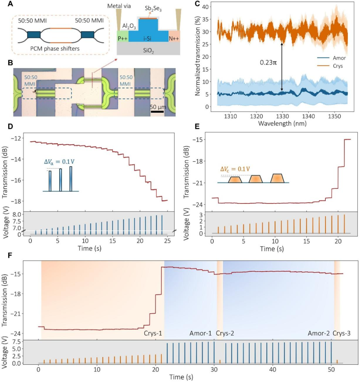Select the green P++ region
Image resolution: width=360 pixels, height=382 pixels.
(122, 37)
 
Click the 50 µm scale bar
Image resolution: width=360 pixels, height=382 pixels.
(157, 111)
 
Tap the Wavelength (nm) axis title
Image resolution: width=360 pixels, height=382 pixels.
(282, 123)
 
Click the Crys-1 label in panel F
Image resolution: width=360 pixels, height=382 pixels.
(153, 333)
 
